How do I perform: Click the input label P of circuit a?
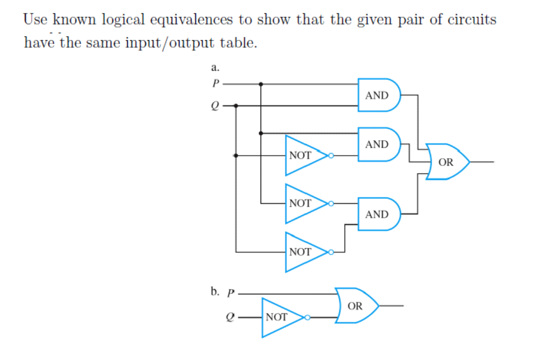pyautogui.click(x=215, y=84)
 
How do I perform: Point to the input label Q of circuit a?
pyautogui.click(x=215, y=105)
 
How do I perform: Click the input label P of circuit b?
pyautogui.click(x=230, y=293)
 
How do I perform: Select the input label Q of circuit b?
pyautogui.click(x=230, y=317)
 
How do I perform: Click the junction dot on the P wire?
pyautogui.click(x=261, y=84)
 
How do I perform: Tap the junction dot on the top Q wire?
pyautogui.click(x=236, y=105)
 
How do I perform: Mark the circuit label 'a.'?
pyautogui.click(x=214, y=66)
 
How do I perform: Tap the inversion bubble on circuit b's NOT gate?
pyautogui.click(x=308, y=317)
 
